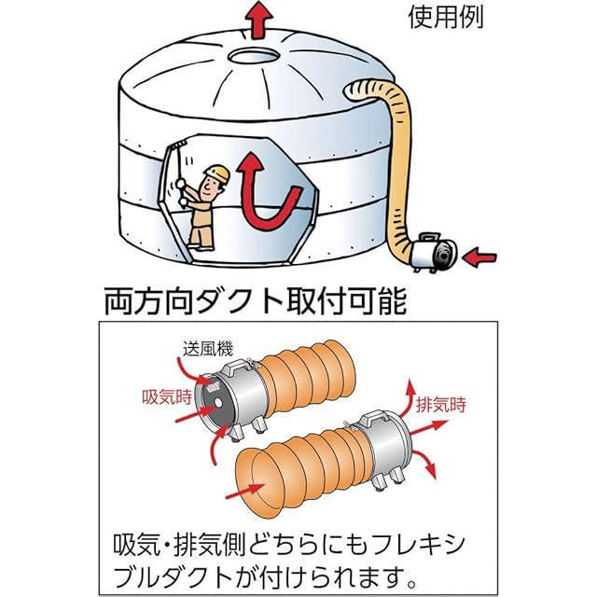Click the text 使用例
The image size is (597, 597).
[446, 17]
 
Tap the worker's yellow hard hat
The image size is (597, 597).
[217, 174]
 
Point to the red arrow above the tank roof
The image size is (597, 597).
[259, 20]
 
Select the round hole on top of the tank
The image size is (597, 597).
[254, 56]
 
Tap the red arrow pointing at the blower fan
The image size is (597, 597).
[479, 257]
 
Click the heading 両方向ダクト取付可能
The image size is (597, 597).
[256, 301]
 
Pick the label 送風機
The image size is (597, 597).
[207, 349]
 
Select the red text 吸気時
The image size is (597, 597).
[167, 397]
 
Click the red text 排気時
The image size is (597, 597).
[441, 404]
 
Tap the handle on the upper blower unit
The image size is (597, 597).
[240, 367]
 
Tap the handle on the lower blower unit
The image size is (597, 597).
[377, 418]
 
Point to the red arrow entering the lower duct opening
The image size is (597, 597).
[245, 492]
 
